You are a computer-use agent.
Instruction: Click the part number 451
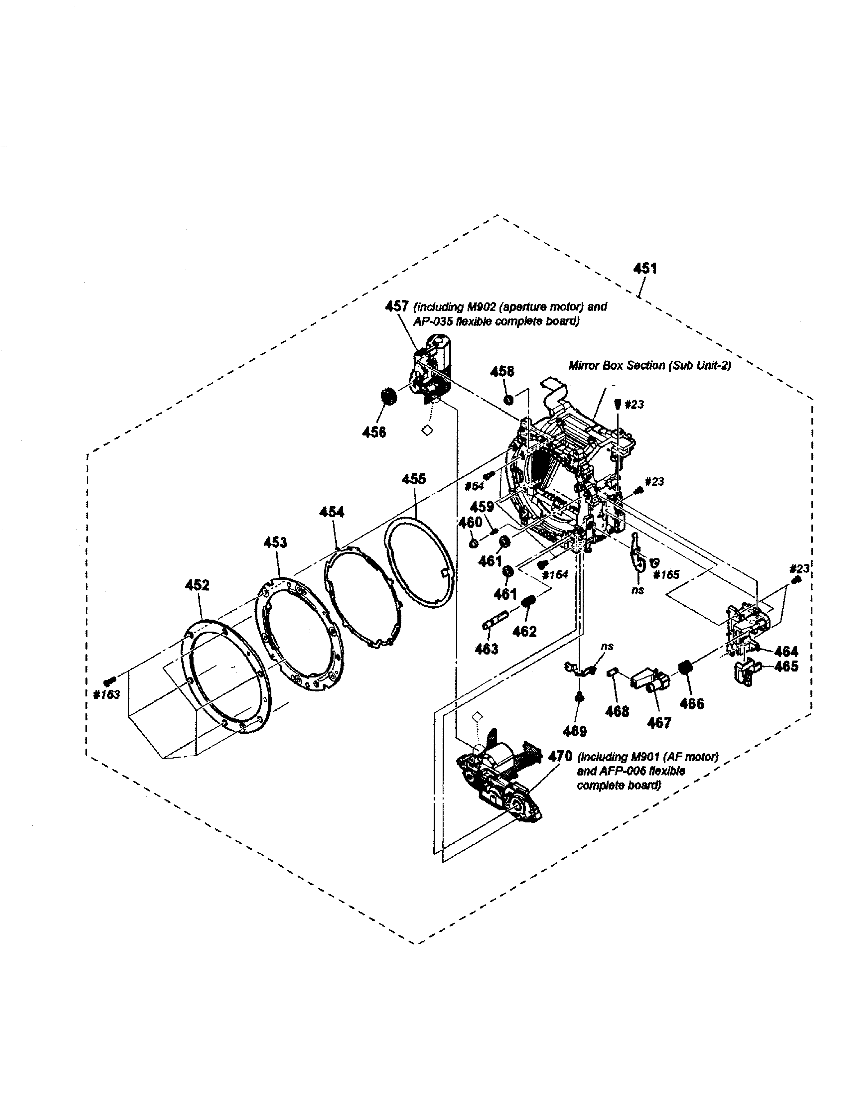coord(645,269)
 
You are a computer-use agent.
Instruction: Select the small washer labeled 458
coord(508,400)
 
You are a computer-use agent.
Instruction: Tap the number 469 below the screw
coord(575,731)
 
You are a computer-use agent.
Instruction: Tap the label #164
coord(555,575)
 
